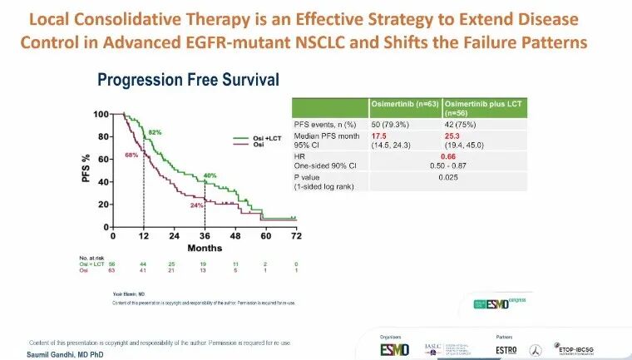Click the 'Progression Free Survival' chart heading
click(x=188, y=80)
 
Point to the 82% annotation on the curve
click(x=155, y=133)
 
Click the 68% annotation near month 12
click(x=131, y=155)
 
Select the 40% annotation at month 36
click(x=210, y=175)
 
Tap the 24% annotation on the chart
click(x=195, y=205)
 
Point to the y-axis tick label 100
click(x=101, y=114)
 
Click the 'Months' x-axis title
click(x=204, y=248)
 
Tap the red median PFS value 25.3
click(x=455, y=135)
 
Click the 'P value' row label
click(x=311, y=177)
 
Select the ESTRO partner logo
click(x=499, y=348)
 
